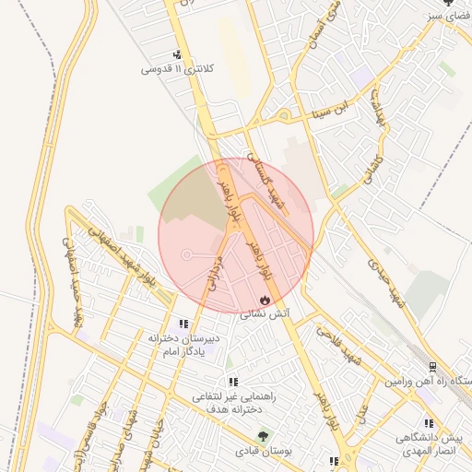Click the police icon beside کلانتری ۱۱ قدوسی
pyautogui.click(x=177, y=54)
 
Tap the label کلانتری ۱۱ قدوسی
pyautogui.click(x=177, y=69)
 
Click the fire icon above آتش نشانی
pyautogui.click(x=265, y=300)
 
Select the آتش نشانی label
pyautogui.click(x=265, y=314)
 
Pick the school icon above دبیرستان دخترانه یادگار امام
pyautogui.click(x=183, y=324)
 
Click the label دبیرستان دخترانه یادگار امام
pyautogui.click(x=183, y=346)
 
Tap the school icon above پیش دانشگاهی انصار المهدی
pyautogui.click(x=428, y=423)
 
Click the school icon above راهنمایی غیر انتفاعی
pyautogui.click(x=233, y=381)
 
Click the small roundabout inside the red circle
pyautogui.click(x=187, y=254)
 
